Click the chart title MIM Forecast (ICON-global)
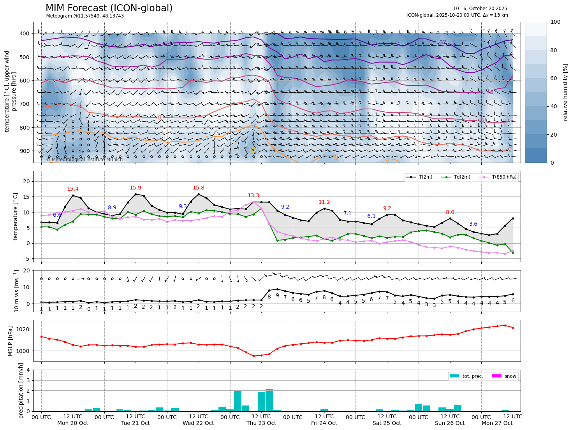(x=109, y=8)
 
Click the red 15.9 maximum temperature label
(x=136, y=188)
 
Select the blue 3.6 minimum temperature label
(x=473, y=224)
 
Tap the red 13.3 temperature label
(x=253, y=196)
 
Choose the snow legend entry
(x=510, y=376)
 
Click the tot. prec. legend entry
(x=472, y=376)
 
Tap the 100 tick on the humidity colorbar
(x=556, y=22)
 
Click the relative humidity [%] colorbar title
(x=565, y=92)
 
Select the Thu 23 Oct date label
(x=261, y=423)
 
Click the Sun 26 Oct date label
(x=450, y=423)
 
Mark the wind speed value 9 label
(x=277, y=295)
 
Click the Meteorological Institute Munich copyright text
(x=84, y=160)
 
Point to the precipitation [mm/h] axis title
(x=21, y=390)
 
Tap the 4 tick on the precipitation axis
(x=28, y=370)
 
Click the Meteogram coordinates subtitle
(x=85, y=16)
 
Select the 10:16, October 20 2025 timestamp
(x=480, y=9)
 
